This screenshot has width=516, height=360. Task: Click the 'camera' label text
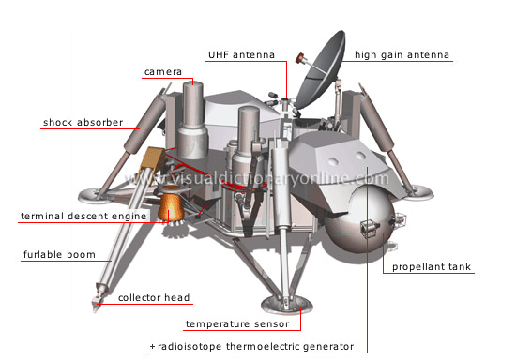coord(162,71)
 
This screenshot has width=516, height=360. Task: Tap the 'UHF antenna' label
coord(241,55)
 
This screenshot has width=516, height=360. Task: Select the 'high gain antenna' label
coord(402,55)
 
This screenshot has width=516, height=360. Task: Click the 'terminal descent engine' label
coord(83,217)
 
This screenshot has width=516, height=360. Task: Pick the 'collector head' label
coord(154,298)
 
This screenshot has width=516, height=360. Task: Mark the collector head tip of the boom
coord(99,301)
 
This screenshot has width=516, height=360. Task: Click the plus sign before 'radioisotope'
coord(152,347)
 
